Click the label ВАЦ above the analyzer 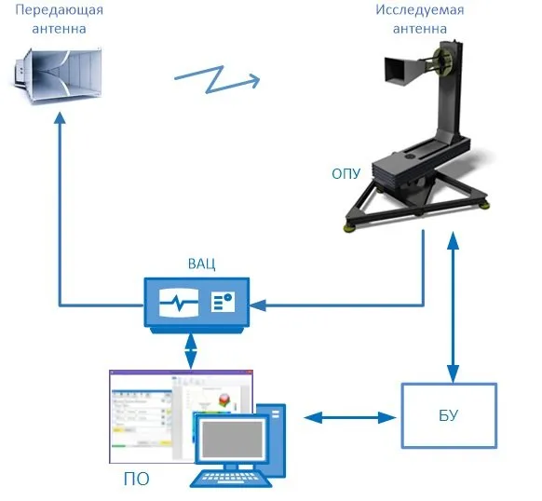click(201, 264)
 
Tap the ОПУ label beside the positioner click(346, 173)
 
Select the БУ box click(449, 415)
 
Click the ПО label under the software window click(137, 479)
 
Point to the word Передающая click(59, 10)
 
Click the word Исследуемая click(420, 10)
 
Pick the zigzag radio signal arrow click(217, 79)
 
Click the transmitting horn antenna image click(58, 75)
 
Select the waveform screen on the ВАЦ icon click(179, 303)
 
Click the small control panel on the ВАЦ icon click(223, 302)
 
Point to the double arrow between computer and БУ click(350, 418)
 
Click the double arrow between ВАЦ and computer click(191, 350)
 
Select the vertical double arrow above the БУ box click(454, 307)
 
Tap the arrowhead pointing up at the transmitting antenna click(61, 117)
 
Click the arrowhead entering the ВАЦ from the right click(258, 305)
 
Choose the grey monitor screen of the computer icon click(232, 440)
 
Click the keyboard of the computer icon click(231, 479)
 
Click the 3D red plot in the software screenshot click(225, 399)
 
